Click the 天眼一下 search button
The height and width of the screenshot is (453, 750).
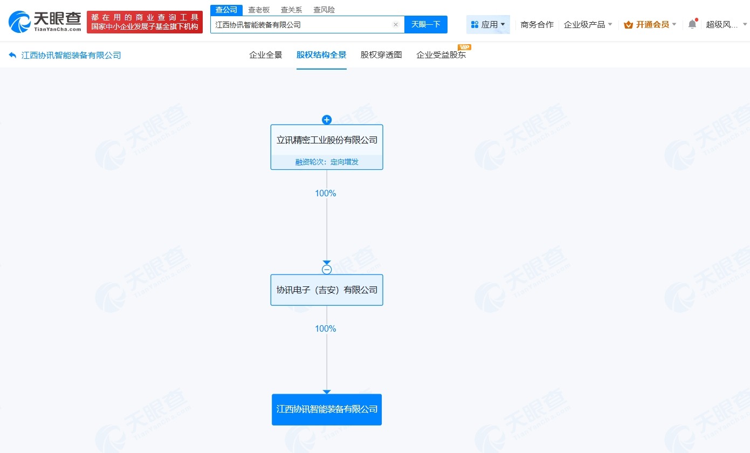425,24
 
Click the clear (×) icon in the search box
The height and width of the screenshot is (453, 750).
395,24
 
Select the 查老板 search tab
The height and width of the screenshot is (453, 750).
259,10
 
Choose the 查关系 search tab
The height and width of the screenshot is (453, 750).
291,10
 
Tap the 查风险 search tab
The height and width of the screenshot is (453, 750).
324,10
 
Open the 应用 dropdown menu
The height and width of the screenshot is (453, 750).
488,24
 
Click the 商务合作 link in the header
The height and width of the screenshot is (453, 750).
537,24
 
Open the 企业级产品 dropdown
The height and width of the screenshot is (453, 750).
588,24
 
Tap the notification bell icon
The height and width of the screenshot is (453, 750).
692,24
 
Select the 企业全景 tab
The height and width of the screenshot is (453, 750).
265,54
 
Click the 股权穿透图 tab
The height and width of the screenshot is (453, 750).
381,54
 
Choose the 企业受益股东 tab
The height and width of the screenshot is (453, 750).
441,54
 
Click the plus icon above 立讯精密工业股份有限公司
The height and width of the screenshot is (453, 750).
327,120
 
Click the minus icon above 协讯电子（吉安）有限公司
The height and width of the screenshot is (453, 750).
327,270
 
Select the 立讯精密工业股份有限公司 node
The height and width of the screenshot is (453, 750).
327,140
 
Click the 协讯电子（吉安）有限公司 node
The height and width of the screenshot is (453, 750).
327,290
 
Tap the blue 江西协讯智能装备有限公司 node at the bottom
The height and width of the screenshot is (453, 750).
327,409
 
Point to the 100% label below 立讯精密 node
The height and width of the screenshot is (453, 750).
326,193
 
